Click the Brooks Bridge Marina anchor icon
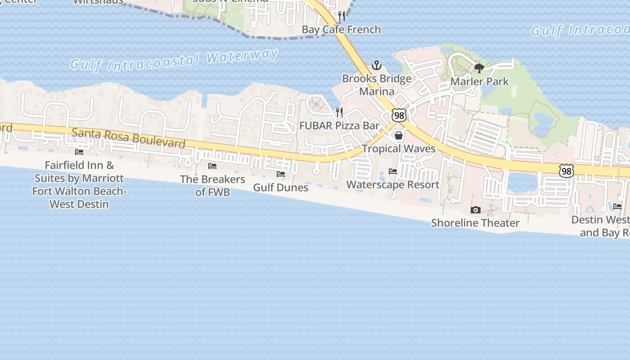click(377, 66)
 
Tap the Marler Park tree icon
click(479, 68)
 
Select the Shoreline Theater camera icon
click(475, 210)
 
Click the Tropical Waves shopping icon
click(399, 135)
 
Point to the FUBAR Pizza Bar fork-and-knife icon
click(340, 112)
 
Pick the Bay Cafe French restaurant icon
click(342, 17)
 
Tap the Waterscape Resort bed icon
click(393, 171)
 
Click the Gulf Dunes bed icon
click(281, 174)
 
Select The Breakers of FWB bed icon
click(212, 166)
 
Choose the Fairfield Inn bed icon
click(79, 152)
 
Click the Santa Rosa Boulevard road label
click(129, 138)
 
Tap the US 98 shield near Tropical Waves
click(399, 115)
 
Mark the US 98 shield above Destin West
click(567, 171)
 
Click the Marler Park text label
click(479, 81)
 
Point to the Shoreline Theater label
click(475, 223)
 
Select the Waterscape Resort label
click(393, 184)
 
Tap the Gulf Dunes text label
click(281, 187)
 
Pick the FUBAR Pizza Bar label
click(340, 126)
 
